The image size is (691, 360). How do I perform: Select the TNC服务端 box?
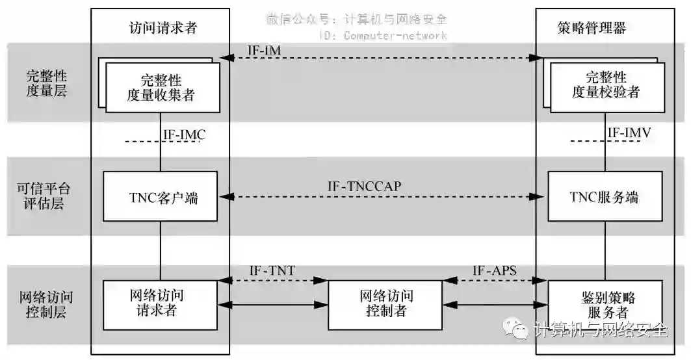click(605, 197)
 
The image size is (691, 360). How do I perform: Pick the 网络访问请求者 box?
click(160, 303)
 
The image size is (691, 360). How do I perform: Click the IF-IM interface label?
click(264, 49)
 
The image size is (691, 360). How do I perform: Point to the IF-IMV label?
click(629, 133)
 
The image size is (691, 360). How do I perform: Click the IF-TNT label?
click(273, 270)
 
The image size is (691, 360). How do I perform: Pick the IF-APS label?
click(494, 270)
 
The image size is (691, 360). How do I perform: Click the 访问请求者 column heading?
click(162, 27)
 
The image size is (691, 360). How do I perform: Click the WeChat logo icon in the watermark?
click(520, 330)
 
